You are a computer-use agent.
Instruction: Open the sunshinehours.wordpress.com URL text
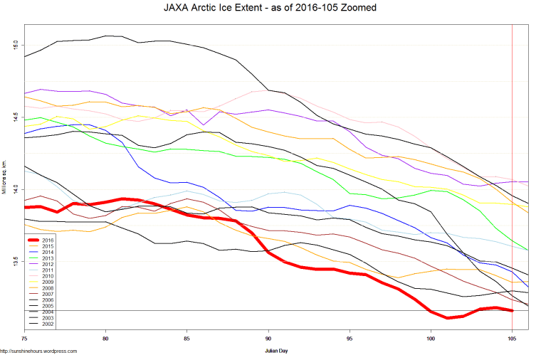click(38, 351)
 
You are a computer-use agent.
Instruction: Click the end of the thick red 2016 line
click(512, 310)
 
